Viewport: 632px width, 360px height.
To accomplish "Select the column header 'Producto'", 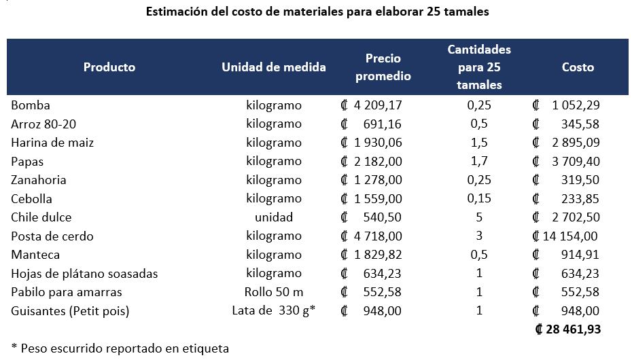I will [x=109, y=67].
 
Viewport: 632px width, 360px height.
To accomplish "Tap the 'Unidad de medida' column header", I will [x=274, y=67].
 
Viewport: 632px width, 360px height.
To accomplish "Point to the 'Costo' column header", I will [x=578, y=67].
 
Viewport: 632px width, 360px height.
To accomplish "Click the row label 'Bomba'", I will [x=31, y=105].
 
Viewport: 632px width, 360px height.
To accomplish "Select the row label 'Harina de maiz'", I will [x=52, y=143].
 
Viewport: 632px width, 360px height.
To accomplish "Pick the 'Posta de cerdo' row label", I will [x=52, y=236].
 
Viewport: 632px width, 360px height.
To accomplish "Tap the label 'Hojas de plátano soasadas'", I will [x=84, y=274].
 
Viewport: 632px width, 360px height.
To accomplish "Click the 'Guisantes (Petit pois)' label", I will [x=70, y=311].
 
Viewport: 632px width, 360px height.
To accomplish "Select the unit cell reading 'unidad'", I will [x=274, y=217].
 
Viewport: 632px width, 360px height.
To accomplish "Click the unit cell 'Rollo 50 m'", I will [x=274, y=292].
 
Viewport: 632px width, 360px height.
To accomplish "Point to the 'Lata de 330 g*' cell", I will [x=275, y=311].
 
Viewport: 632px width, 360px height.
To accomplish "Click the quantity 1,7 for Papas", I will [x=479, y=162].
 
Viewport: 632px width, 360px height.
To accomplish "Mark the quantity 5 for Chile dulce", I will [x=479, y=217].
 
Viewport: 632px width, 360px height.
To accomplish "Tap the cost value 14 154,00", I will [x=569, y=236].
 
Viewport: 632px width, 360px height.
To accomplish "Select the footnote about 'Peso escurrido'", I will [x=120, y=348].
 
